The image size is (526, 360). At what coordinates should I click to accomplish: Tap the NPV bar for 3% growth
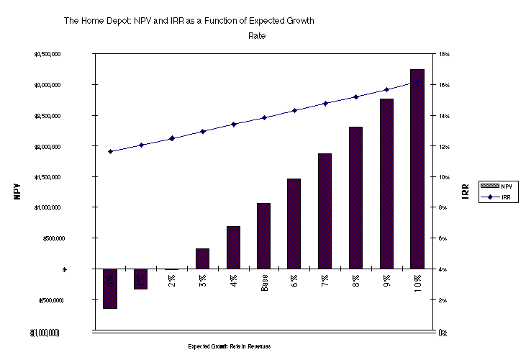point(203,258)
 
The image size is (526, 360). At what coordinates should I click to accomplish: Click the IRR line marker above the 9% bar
point(386,89)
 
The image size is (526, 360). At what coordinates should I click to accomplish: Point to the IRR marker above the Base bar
point(264,117)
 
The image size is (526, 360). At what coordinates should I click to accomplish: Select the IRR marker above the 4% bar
point(233,125)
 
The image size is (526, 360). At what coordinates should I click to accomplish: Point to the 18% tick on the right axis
point(444,55)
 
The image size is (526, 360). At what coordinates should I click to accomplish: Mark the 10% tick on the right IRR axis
point(444,177)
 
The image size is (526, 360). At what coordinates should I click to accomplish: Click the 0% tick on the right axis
point(444,332)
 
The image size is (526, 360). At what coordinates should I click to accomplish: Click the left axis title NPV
point(17,193)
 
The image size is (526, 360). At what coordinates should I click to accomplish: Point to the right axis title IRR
point(466,192)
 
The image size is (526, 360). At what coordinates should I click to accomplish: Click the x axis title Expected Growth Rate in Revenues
point(230,346)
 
